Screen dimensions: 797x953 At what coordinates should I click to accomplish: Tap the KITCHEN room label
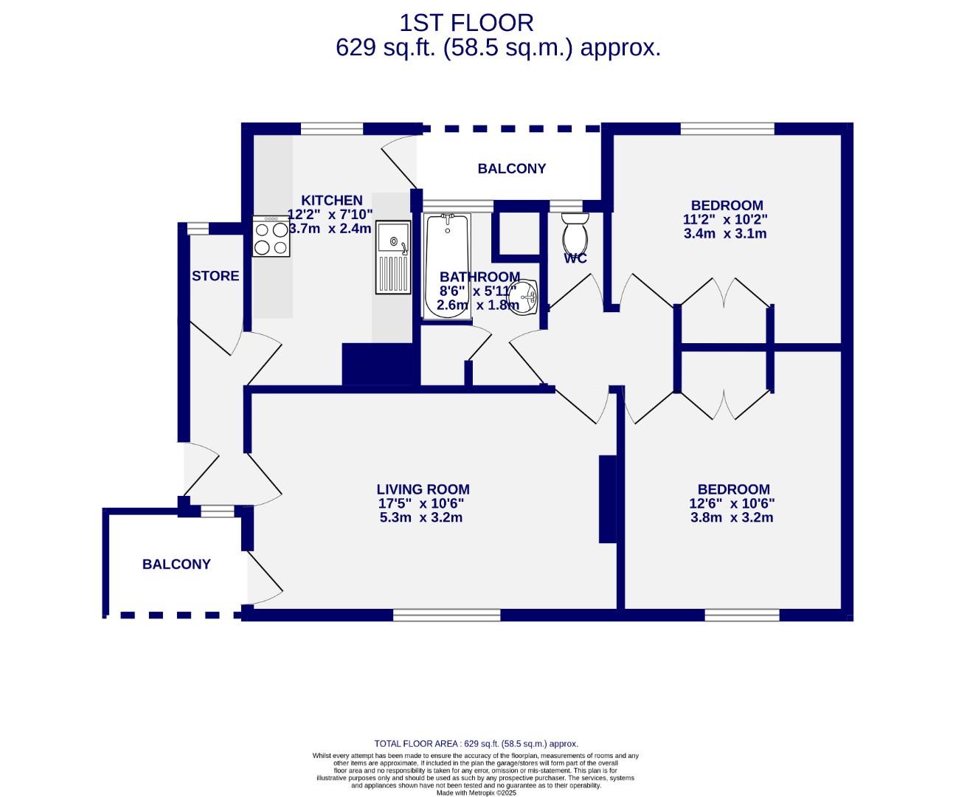click(332, 200)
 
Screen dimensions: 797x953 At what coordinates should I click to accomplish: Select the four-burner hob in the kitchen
click(271, 237)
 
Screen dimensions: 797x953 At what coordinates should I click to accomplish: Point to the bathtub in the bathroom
click(446, 266)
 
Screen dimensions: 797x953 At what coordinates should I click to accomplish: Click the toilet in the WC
click(574, 233)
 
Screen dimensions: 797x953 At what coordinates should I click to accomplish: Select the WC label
click(575, 258)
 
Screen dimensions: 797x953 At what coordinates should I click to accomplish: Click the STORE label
click(215, 276)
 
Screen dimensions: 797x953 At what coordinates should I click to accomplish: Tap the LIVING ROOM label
click(423, 489)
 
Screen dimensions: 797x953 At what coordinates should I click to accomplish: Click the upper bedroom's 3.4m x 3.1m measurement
click(725, 234)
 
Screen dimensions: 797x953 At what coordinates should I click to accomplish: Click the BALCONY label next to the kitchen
click(511, 168)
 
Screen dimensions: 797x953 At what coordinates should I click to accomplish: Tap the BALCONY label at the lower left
click(176, 565)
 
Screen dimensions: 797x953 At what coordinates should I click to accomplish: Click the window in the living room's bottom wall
click(446, 615)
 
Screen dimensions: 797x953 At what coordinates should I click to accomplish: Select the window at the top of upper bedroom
click(727, 129)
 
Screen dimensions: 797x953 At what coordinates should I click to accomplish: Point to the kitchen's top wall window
click(332, 129)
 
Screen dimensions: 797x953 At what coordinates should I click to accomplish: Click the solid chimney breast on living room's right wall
click(607, 500)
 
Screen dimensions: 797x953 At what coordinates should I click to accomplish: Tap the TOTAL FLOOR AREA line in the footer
click(476, 744)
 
